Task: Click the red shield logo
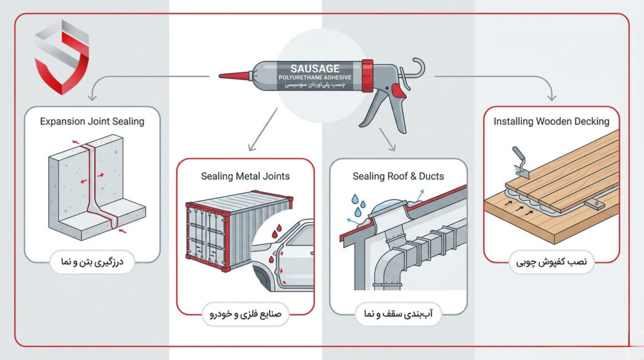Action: (62, 57)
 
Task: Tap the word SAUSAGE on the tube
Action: (315, 69)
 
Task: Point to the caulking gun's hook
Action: (416, 68)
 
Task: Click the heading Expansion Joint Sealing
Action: (92, 121)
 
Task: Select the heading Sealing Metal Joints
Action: (245, 176)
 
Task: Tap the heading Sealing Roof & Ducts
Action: (398, 176)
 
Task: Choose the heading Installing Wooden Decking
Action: (551, 121)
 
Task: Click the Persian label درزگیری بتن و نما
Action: (92, 262)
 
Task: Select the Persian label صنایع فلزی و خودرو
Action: (245, 315)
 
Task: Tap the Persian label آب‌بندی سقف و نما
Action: (398, 315)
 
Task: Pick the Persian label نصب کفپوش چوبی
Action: (551, 262)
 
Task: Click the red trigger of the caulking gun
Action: (397, 91)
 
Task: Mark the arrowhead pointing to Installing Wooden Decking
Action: (552, 97)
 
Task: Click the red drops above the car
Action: (277, 231)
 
